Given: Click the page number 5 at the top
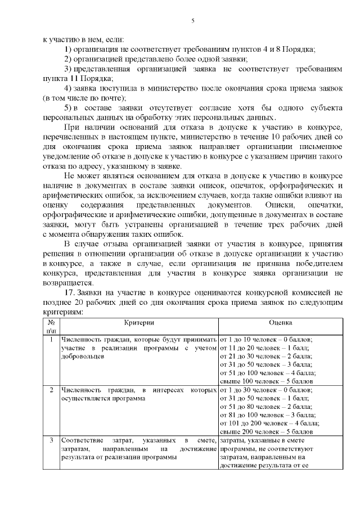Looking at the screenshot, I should point(192,21).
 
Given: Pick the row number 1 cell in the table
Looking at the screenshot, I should point(51,340).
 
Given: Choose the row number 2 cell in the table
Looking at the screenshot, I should point(51,390).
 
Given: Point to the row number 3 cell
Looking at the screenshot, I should point(51,440).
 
